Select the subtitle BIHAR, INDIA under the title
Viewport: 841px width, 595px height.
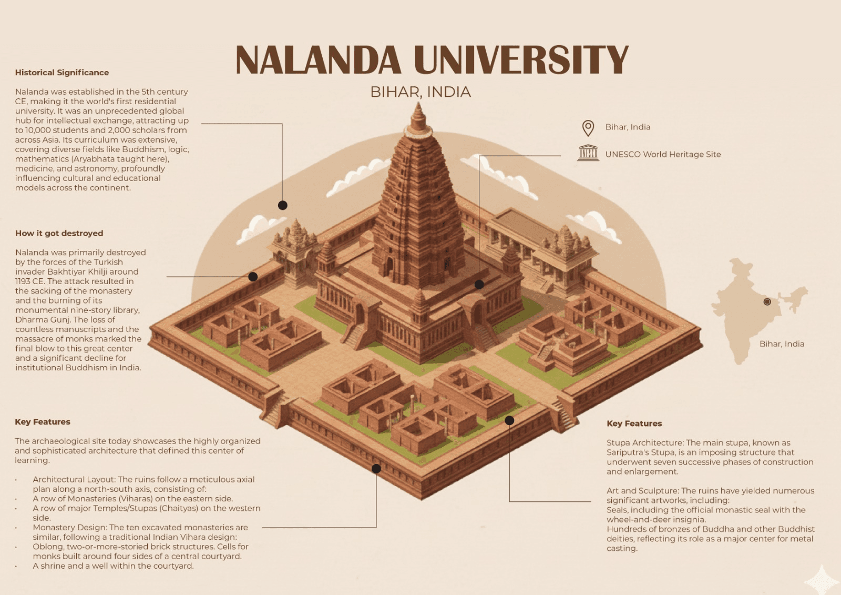(x=420, y=92)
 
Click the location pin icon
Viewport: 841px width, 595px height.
(x=588, y=128)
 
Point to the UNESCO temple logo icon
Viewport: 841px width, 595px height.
(x=588, y=153)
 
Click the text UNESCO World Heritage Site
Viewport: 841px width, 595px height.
(x=663, y=155)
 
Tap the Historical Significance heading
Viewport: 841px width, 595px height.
(x=62, y=73)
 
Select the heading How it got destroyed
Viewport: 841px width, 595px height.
(x=59, y=234)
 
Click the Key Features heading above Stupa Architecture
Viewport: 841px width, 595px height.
(x=634, y=423)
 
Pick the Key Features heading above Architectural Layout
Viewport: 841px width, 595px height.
(x=43, y=422)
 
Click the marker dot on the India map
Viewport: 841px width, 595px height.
(x=767, y=302)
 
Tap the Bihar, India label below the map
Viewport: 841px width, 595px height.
(x=782, y=344)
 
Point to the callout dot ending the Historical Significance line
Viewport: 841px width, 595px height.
(x=283, y=206)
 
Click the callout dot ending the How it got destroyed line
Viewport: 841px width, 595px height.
(x=253, y=277)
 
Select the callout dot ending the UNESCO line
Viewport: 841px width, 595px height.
(x=479, y=285)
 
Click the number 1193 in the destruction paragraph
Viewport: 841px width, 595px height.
(x=23, y=281)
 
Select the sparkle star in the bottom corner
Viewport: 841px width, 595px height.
(x=821, y=580)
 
